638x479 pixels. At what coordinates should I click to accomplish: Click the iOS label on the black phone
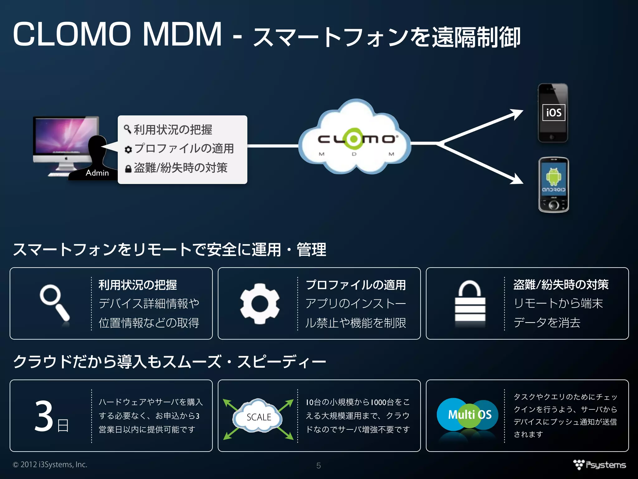[x=554, y=113]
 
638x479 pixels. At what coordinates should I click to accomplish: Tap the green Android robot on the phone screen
[x=553, y=176]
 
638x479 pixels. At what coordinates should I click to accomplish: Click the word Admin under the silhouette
[x=97, y=173]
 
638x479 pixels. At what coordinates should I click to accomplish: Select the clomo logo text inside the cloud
[x=356, y=139]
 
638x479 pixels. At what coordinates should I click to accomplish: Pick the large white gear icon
[x=260, y=303]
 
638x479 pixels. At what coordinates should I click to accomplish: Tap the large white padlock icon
[x=470, y=302]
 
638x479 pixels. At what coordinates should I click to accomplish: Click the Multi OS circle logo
[x=469, y=415]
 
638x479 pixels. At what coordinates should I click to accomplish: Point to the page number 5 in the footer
[x=318, y=466]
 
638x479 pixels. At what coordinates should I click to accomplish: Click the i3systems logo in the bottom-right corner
[x=600, y=465]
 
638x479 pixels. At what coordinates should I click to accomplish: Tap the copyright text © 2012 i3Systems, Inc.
[x=50, y=464]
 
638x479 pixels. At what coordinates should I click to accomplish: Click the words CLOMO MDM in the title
[x=117, y=34]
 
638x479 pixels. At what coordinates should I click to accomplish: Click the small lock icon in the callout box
[x=128, y=169]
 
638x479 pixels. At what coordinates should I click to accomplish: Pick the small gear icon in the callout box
[x=128, y=150]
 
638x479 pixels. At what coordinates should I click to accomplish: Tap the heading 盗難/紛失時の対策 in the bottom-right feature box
[x=561, y=284]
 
